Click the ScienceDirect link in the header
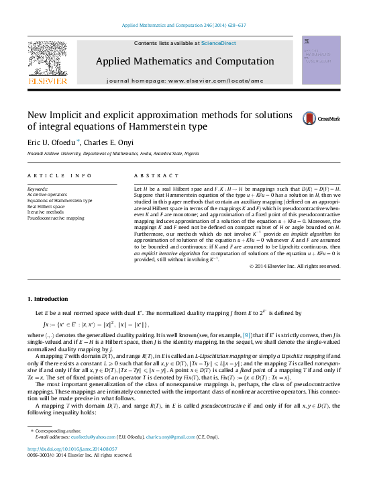[218, 42]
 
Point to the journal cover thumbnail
[321, 60]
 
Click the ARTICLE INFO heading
[60, 176]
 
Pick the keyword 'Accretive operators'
[46, 195]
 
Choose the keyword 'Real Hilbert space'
[46, 206]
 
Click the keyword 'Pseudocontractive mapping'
[56, 218]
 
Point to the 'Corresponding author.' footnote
[59, 430]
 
